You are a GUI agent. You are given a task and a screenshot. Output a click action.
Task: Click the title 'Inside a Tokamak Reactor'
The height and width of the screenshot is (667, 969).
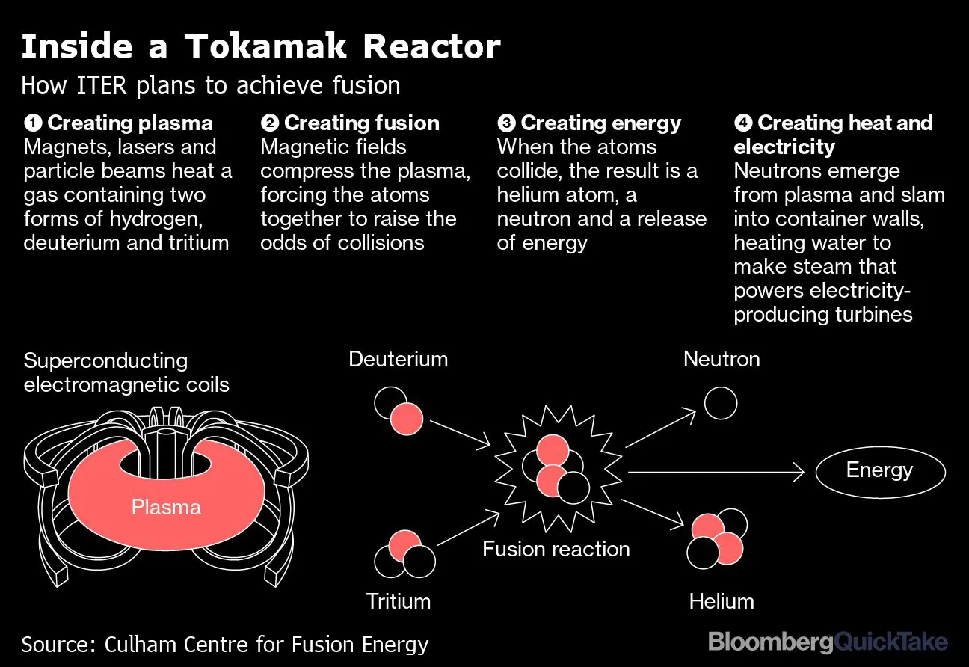tap(260, 47)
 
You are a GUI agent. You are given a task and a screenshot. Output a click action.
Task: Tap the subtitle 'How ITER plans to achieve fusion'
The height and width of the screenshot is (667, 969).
tap(210, 85)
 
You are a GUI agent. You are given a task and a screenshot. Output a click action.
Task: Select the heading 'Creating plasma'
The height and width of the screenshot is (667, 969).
tap(129, 123)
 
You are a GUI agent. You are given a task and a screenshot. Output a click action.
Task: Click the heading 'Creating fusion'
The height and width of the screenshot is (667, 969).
tap(361, 123)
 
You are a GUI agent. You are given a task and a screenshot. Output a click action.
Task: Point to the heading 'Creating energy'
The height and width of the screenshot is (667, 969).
tap(600, 123)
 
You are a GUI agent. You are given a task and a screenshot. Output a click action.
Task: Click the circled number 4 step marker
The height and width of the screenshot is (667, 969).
tap(744, 123)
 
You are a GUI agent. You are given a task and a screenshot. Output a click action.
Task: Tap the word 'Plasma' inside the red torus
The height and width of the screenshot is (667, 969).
tap(166, 508)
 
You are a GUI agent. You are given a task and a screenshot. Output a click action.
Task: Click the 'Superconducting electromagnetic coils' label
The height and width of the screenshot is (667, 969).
tap(126, 373)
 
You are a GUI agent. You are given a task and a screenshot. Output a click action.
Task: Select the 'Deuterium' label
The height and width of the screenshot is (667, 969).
tap(398, 360)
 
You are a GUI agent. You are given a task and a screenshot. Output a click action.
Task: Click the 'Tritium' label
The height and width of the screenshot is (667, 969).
tap(398, 601)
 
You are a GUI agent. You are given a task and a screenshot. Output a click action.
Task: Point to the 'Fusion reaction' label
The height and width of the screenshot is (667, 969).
tap(556, 550)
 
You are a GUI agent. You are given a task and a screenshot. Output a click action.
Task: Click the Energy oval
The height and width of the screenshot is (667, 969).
tap(879, 471)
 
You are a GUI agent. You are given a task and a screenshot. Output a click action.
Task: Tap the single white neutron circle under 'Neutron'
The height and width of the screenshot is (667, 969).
tap(721, 403)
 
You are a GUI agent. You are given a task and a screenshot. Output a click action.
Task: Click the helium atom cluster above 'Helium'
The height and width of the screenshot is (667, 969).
tap(716, 538)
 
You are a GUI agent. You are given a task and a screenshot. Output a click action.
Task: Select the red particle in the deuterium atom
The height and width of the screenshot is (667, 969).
tap(406, 418)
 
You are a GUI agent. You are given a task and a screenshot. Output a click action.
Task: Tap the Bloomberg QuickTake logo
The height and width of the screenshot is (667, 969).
tap(827, 642)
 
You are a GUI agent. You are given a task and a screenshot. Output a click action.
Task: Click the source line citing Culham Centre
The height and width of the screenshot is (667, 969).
tap(224, 645)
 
